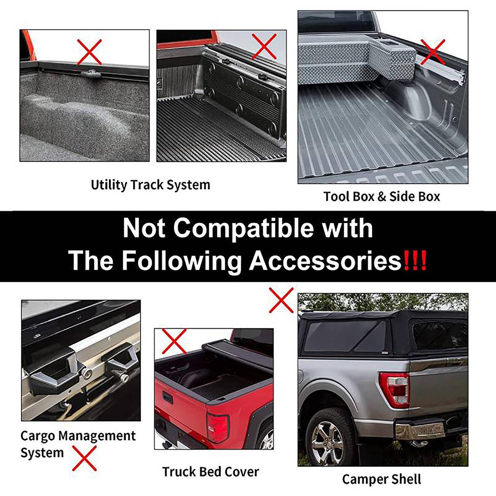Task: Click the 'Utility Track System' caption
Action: [x=150, y=185]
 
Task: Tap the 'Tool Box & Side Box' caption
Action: [x=382, y=196]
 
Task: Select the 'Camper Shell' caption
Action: [x=382, y=479]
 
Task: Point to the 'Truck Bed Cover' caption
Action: [x=210, y=472]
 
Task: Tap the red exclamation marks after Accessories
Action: [x=415, y=261]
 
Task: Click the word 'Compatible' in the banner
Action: [x=243, y=228]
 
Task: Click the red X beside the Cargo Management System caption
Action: [x=85, y=458]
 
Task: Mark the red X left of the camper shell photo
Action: [x=281, y=300]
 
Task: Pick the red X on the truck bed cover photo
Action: [x=174, y=341]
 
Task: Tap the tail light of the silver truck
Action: [x=394, y=389]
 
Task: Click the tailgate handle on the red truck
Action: [x=168, y=397]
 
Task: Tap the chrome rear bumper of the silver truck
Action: [x=420, y=431]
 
